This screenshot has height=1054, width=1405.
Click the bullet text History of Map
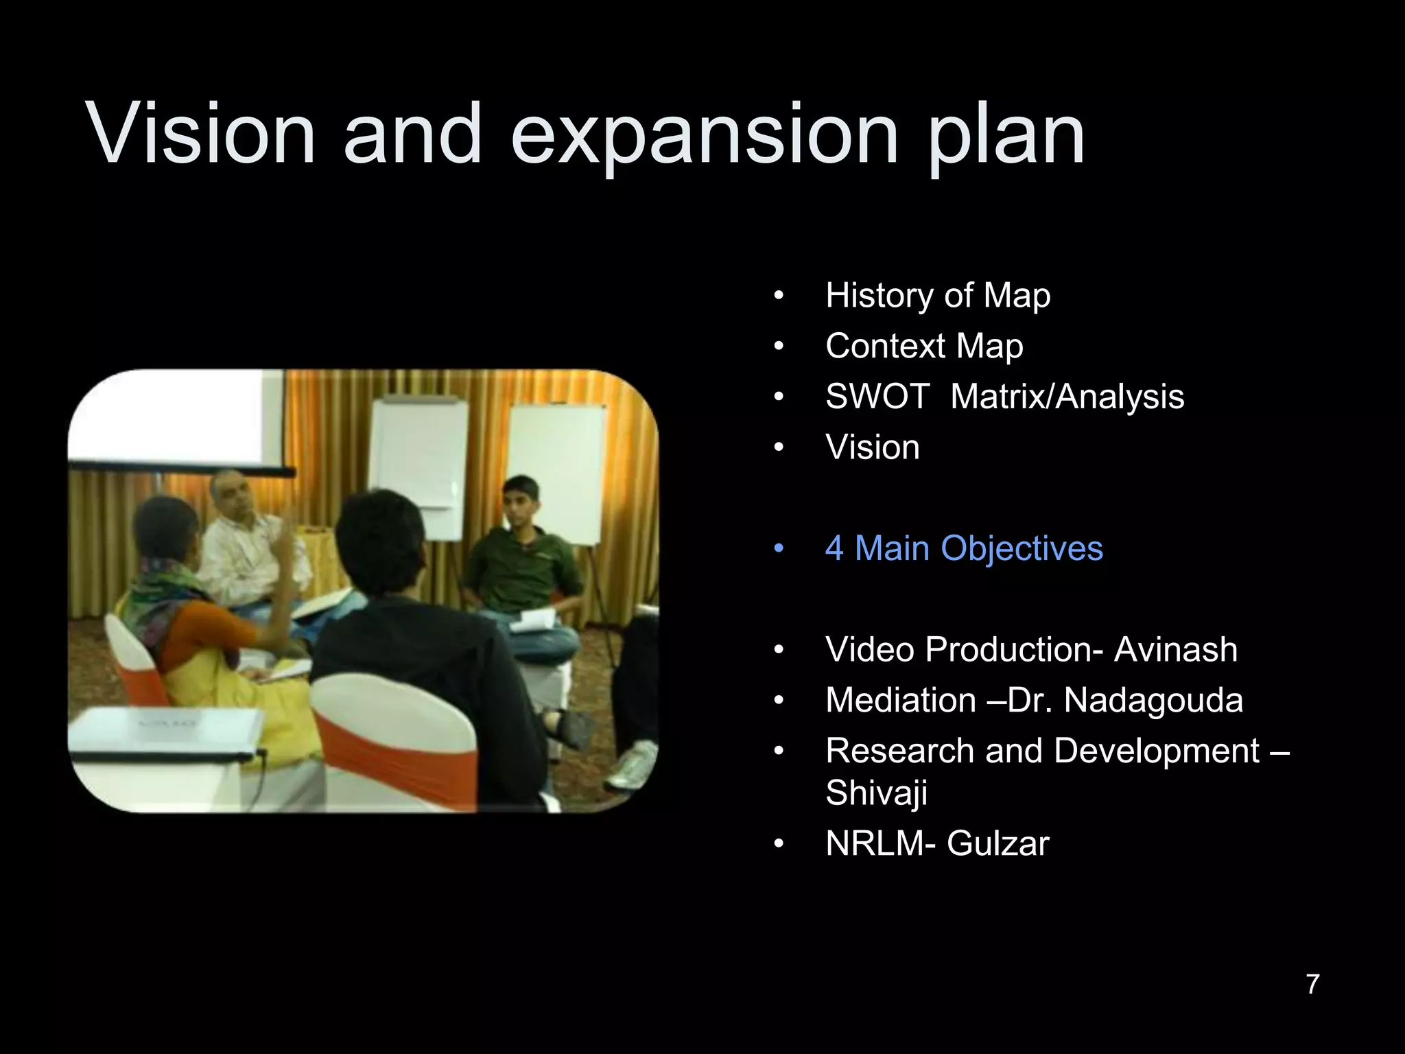(938, 296)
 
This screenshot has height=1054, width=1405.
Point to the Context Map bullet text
(924, 346)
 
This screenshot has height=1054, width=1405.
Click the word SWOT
(877, 397)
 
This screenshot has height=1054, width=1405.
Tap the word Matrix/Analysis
(1067, 397)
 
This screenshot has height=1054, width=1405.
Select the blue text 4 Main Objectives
(964, 548)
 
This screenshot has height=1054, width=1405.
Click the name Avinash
(1175, 650)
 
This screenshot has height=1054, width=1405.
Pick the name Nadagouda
(1153, 701)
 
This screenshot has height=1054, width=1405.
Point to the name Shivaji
(876, 793)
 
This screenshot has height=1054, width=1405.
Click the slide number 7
(1312, 984)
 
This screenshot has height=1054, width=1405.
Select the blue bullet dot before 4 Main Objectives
(778, 549)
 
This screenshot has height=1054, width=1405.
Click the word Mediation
(901, 701)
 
